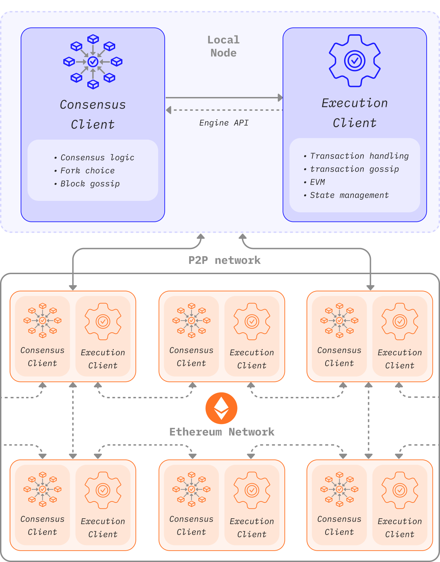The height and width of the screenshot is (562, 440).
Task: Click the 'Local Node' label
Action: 223,46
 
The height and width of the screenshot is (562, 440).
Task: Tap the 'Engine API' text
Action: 224,123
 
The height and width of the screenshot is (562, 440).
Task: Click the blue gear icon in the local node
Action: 355,61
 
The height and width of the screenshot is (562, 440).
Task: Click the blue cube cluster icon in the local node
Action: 93,62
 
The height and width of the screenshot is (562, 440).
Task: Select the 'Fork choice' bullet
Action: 87,171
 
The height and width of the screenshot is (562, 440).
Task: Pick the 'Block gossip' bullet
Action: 90,184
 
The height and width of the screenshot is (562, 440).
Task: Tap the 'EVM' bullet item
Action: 317,182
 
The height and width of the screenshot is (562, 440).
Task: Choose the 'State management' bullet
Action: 349,195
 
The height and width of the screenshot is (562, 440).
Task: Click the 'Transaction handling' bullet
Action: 359,156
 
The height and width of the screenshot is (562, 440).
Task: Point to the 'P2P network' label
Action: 224,260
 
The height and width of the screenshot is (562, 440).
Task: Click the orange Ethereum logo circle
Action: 221,408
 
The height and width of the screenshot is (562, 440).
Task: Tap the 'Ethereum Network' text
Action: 222,432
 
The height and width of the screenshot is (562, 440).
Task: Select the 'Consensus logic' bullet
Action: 97,158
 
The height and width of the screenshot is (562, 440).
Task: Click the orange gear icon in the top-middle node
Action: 252,322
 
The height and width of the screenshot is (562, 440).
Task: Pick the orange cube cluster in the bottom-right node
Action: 339,489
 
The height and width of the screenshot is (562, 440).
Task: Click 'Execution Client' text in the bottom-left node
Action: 103,528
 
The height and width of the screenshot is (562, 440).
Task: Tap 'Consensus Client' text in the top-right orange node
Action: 339,357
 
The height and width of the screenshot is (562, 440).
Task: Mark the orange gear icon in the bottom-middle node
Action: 252,490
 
